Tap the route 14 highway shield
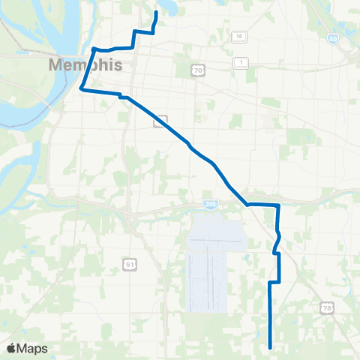pos(239,37)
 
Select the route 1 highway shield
pos(241,61)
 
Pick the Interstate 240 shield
pos(210,203)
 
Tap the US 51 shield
pos(130,263)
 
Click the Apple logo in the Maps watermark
pos(13,348)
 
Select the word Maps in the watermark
pos(34,348)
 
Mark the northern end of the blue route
pos(156,13)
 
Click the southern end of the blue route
pos(270,346)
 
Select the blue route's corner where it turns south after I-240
pos(278,205)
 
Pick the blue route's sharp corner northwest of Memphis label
pos(93,49)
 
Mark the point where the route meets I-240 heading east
pos(247,203)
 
